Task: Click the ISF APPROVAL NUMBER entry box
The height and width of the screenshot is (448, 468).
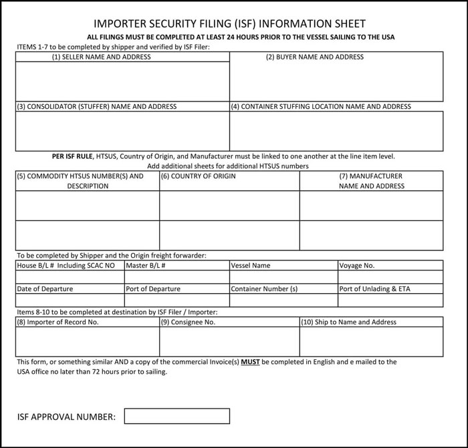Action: (177, 416)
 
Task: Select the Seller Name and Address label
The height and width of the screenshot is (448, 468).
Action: (102, 57)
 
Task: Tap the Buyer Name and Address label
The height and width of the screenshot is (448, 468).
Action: (315, 57)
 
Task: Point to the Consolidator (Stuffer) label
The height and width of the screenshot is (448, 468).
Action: (97, 107)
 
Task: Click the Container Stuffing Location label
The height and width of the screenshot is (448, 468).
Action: (321, 107)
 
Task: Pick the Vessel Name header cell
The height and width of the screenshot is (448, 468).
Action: (251, 266)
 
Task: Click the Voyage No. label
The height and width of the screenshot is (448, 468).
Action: (357, 266)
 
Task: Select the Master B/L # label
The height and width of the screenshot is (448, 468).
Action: (146, 266)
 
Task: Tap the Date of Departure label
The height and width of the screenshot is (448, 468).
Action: (45, 289)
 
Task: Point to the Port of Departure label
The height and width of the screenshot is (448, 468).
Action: (153, 289)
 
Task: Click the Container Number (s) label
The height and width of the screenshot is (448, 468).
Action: (264, 289)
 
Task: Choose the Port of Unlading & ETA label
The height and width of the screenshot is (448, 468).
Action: (375, 289)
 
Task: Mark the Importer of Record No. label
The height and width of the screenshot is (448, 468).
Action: (58, 322)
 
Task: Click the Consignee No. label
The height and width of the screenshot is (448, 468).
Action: (189, 322)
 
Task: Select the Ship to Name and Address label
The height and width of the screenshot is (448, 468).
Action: (348, 322)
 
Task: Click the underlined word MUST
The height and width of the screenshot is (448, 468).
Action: (250, 362)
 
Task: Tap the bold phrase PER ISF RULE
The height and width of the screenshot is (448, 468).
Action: (73, 157)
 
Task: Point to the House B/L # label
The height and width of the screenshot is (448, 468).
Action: (66, 266)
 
